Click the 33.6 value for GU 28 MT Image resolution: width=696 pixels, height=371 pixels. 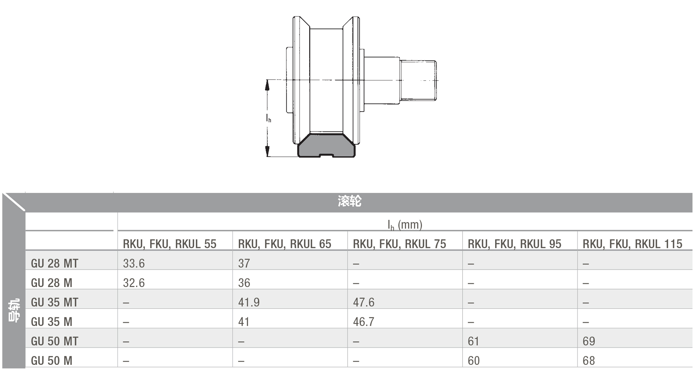134,263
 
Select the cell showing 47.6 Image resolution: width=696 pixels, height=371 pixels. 364,302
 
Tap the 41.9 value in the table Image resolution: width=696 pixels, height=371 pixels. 249,302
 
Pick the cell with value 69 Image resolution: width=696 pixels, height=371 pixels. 589,341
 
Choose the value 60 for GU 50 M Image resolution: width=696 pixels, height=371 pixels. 473,360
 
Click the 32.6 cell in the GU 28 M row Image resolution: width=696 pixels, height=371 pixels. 134,283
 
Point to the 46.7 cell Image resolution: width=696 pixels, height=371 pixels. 364,322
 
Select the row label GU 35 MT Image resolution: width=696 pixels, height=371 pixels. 54,302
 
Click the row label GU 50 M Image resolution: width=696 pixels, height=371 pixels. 51,360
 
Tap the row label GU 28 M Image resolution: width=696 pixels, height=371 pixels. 51,283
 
